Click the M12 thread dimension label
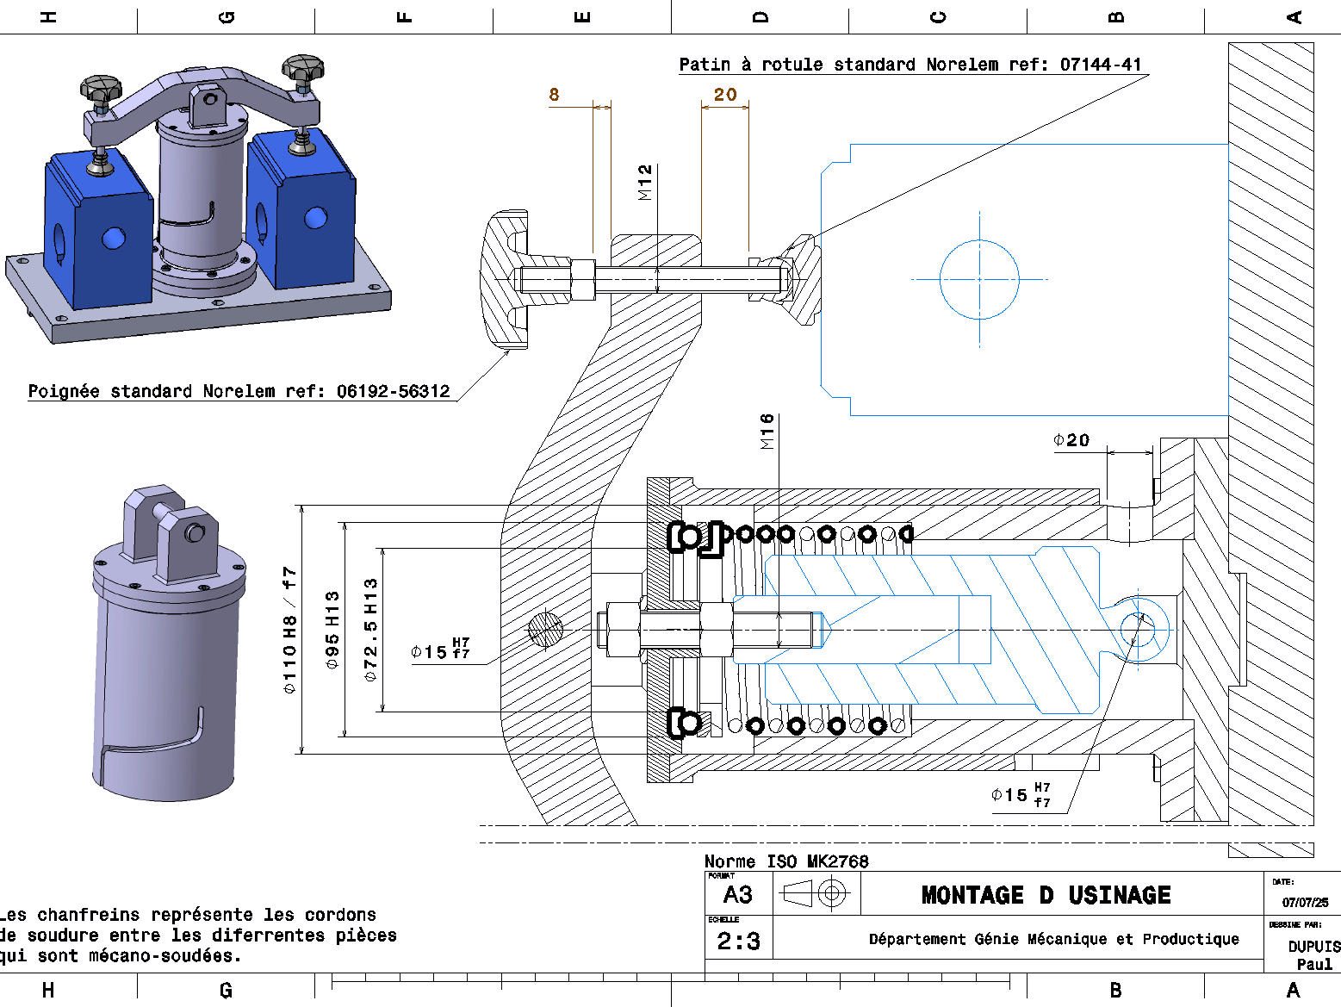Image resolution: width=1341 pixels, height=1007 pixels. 646,183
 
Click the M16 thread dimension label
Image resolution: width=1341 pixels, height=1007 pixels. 767,432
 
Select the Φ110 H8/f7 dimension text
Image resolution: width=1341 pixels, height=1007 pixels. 289,631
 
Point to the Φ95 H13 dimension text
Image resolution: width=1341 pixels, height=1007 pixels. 332,631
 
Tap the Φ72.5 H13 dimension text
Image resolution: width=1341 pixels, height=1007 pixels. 370,631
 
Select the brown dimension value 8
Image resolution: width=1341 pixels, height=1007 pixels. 554,95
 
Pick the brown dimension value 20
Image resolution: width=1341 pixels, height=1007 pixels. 725,95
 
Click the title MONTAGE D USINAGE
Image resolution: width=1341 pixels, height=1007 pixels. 1046,895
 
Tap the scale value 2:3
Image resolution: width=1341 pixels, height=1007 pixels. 738,942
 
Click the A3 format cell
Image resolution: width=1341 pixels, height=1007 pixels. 738,896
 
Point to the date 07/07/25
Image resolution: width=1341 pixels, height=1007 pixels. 1305,903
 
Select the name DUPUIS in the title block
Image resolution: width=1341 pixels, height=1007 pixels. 1313,946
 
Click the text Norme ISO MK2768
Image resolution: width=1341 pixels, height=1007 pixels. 786,861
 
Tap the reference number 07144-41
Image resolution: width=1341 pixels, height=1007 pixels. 1100,65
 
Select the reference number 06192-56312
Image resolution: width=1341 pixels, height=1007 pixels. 393,392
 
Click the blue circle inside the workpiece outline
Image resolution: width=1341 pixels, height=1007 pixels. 979,280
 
